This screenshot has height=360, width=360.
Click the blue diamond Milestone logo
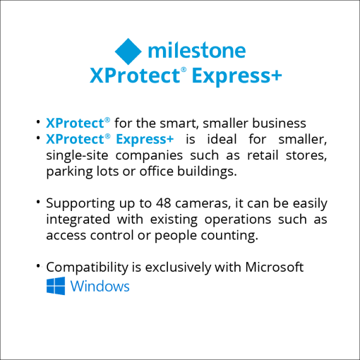(128, 52)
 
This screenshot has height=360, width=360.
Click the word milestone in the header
(197, 50)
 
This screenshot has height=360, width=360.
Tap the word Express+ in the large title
(236, 76)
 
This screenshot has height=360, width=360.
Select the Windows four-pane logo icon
(56, 286)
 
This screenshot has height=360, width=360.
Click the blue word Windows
(100, 287)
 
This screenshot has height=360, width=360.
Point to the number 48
(164, 203)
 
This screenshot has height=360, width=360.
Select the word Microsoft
(275, 268)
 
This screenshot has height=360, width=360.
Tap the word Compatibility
(87, 268)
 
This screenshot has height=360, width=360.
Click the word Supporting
(80, 204)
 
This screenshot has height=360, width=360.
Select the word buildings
(207, 172)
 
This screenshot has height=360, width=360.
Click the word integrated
(78, 220)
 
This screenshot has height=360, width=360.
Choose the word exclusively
(178, 268)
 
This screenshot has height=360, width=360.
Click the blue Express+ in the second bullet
(145, 139)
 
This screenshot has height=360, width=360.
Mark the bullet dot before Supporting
(38, 202)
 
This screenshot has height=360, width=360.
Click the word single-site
(77, 155)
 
